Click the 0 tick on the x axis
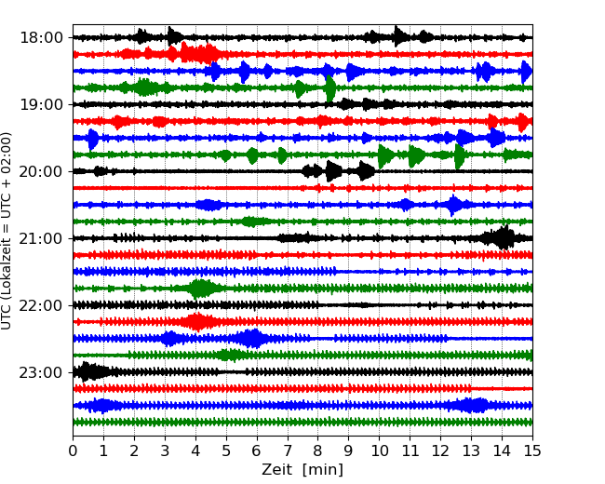73,451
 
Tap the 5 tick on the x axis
226,451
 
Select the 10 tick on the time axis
379,451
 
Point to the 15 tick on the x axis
532,451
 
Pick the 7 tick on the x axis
288,451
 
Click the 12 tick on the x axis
440,451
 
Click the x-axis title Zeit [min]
302,470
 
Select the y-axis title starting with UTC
7,231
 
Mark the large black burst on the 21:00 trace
503,238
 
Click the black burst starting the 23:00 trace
87,372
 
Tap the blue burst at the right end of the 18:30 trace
526,71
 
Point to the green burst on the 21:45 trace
200,289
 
